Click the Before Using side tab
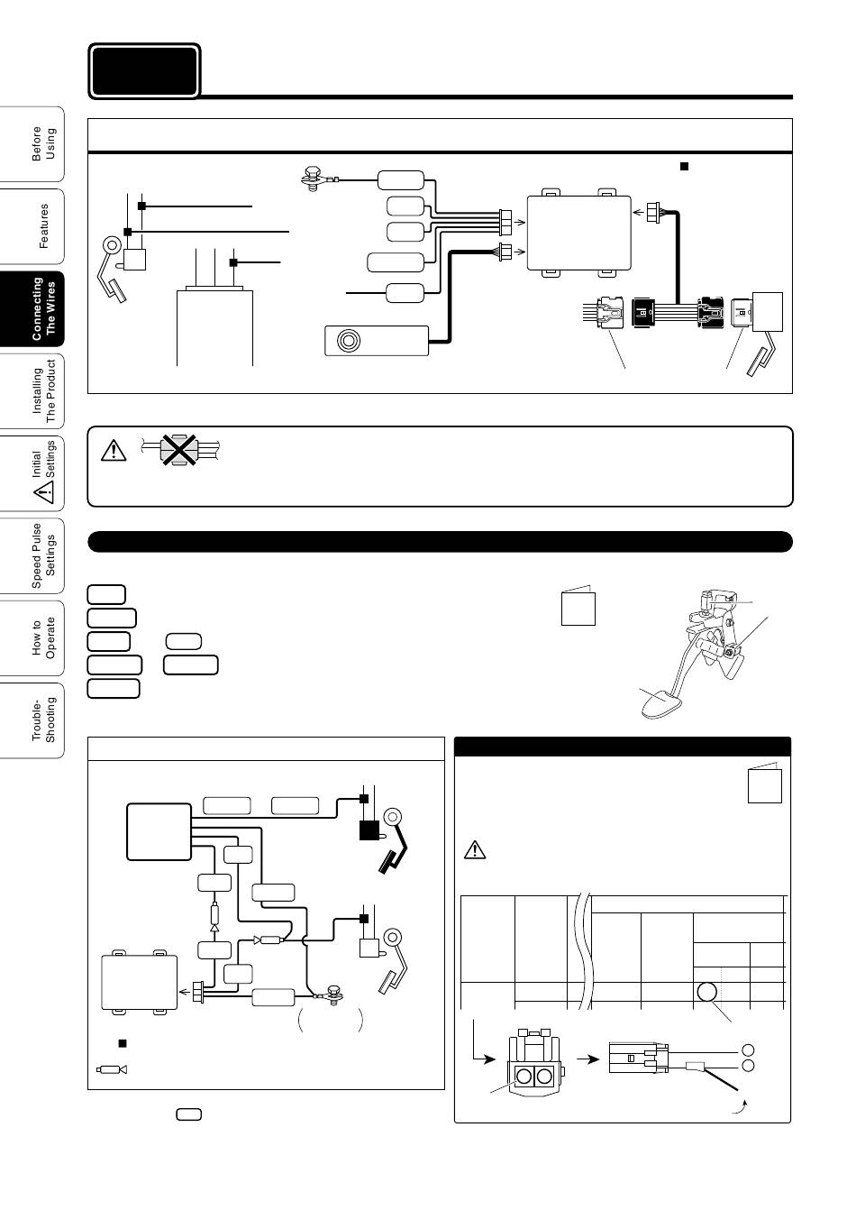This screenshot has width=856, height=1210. (32, 143)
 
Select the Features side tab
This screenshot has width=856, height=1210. (32, 226)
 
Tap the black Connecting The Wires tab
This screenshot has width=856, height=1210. (32, 309)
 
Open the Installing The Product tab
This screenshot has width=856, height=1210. (32, 391)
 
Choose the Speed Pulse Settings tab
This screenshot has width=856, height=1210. (32, 555)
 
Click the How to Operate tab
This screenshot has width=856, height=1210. (32, 638)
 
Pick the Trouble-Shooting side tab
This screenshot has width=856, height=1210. (32, 720)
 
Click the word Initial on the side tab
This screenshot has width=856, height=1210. (36, 463)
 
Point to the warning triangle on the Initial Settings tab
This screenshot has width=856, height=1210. (44, 492)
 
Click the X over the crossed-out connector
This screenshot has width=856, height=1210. (179, 449)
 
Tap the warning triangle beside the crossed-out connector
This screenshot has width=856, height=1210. (114, 451)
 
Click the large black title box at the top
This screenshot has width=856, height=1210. (144, 71)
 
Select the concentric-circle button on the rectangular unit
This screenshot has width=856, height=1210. (348, 340)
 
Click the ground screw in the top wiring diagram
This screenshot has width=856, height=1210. (312, 178)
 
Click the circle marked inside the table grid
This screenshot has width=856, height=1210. (707, 992)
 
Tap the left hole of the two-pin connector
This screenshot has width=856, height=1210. (524, 1076)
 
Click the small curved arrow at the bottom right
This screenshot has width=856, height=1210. (741, 1106)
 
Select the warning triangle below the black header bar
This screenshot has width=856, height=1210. (475, 849)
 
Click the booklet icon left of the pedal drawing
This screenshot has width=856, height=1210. (578, 606)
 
